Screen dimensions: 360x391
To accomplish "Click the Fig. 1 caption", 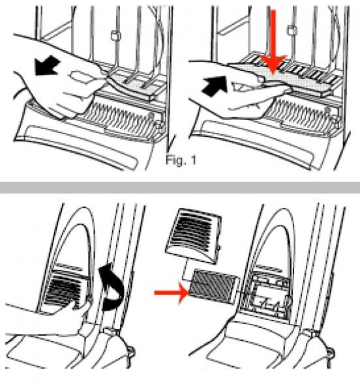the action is tap(181, 160).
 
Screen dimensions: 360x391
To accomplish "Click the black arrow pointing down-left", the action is tap(47, 66).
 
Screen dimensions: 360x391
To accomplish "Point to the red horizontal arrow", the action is tap(172, 293).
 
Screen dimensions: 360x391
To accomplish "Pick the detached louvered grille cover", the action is tap(194, 236).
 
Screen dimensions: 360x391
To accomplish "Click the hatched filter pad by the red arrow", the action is tap(213, 287).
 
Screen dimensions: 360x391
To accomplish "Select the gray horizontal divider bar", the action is tap(180, 188).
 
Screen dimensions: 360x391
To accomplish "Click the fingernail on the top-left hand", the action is tap(80, 76).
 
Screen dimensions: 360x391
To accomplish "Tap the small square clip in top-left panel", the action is tap(115, 35).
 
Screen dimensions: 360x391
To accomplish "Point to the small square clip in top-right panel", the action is tap(292, 31).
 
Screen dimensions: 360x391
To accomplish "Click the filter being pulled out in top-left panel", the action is tap(136, 85).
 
